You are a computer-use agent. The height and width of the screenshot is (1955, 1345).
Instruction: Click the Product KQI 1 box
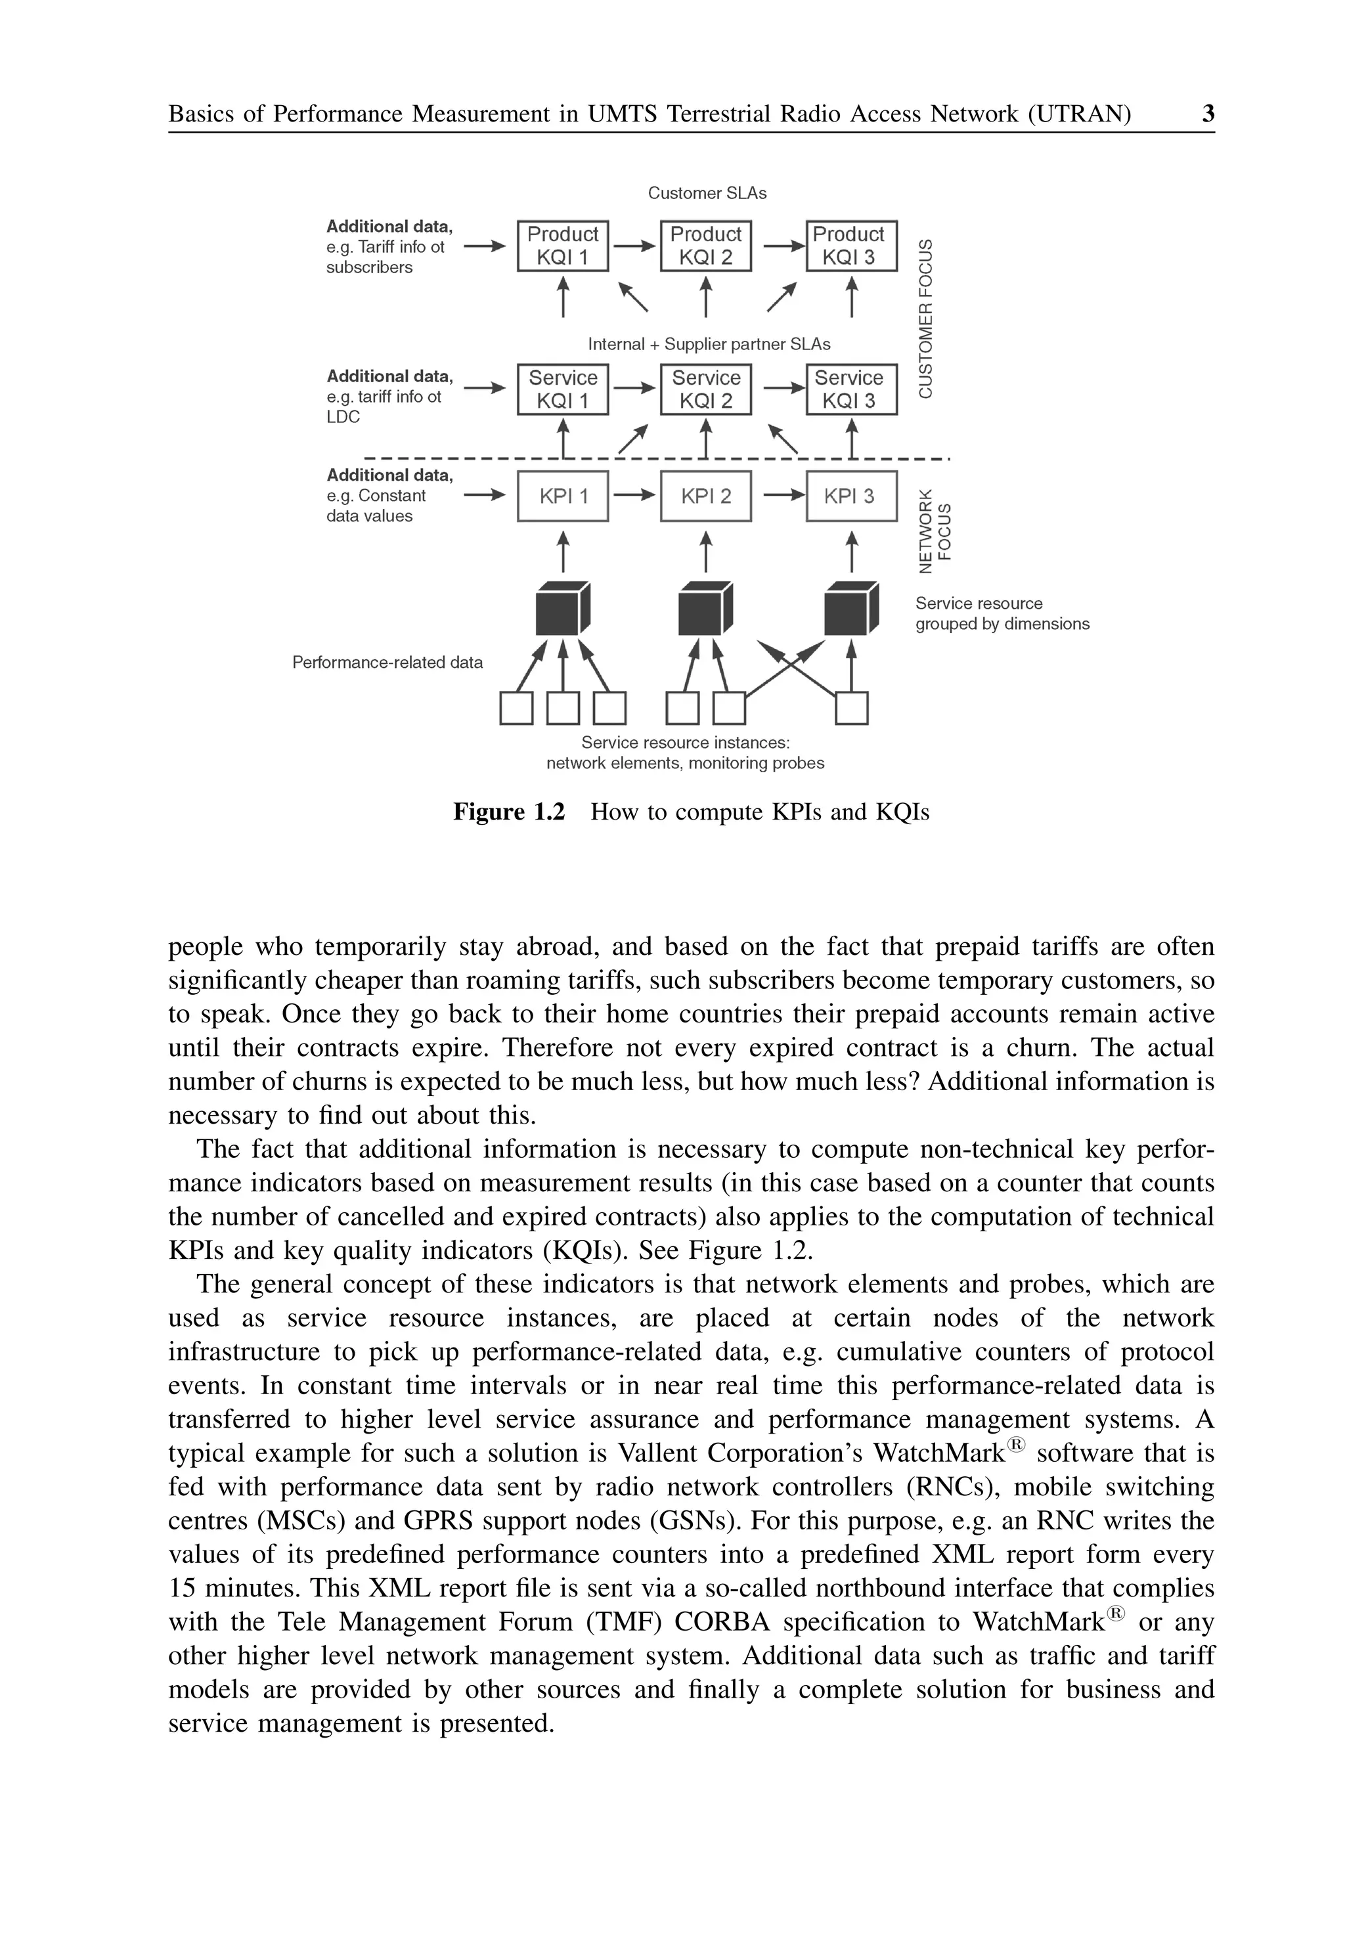coord(562,246)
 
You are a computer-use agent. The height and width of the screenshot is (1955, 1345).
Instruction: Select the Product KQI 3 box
coord(851,246)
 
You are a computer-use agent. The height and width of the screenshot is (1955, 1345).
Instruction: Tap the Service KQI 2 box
coord(705,389)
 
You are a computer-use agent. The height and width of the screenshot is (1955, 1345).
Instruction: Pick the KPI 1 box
coord(562,496)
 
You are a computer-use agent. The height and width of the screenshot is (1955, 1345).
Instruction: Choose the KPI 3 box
coord(851,496)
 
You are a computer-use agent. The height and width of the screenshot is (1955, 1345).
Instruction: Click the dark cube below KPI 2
coord(705,607)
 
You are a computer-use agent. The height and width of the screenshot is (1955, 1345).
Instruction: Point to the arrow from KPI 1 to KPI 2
coord(634,496)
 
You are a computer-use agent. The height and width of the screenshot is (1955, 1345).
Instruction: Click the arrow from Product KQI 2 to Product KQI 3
coord(783,246)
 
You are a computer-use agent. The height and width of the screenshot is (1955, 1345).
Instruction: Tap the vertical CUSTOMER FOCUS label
coord(926,318)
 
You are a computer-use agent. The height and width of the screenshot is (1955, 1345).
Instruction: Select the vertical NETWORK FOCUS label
coord(935,530)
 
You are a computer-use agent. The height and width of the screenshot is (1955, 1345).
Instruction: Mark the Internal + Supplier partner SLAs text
coord(708,344)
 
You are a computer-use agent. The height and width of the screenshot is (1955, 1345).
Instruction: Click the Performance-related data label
coord(387,663)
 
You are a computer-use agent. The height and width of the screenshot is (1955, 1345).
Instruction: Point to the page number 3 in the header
coord(1208,114)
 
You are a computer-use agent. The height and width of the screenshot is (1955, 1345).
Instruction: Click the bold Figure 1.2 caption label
coord(508,812)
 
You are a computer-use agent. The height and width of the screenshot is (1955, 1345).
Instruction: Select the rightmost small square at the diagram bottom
coord(851,708)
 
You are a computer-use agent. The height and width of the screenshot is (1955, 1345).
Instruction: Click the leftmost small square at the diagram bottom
coord(516,708)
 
